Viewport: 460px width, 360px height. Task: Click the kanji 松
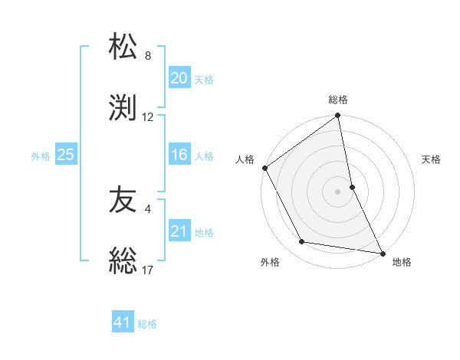[123, 47]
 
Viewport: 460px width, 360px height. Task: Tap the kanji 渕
[123, 106]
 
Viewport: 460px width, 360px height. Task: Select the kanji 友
[123, 201]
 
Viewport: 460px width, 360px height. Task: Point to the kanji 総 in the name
[123, 260]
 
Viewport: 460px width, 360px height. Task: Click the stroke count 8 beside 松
[148, 56]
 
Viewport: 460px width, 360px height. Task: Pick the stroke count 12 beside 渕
[148, 117]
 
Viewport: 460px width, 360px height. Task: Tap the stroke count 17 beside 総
[148, 270]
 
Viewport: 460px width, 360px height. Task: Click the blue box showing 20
[179, 78]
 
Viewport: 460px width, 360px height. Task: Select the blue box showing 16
[179, 155]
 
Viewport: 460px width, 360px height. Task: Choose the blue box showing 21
[179, 231]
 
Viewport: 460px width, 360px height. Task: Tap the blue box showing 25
[65, 155]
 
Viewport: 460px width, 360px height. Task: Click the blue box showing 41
[123, 322]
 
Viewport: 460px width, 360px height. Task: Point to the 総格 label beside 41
[147, 324]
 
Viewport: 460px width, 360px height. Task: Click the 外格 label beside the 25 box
[41, 156]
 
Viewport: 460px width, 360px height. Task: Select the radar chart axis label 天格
[431, 159]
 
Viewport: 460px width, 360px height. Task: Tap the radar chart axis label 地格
[402, 262]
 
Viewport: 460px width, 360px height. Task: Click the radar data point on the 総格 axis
[338, 116]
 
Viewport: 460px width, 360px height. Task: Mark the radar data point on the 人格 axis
[265, 168]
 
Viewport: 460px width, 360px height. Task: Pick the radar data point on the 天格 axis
[352, 186]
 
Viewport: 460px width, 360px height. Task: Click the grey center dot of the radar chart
[338, 191]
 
